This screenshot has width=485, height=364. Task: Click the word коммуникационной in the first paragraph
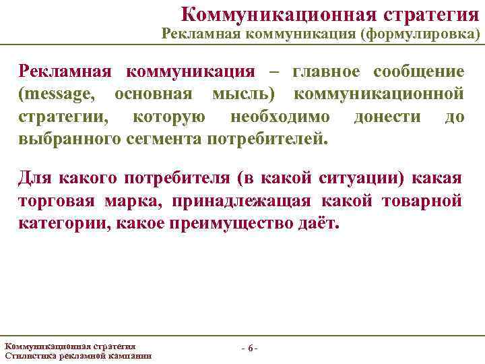point(387,94)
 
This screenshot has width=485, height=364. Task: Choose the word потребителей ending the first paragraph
point(269,140)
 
